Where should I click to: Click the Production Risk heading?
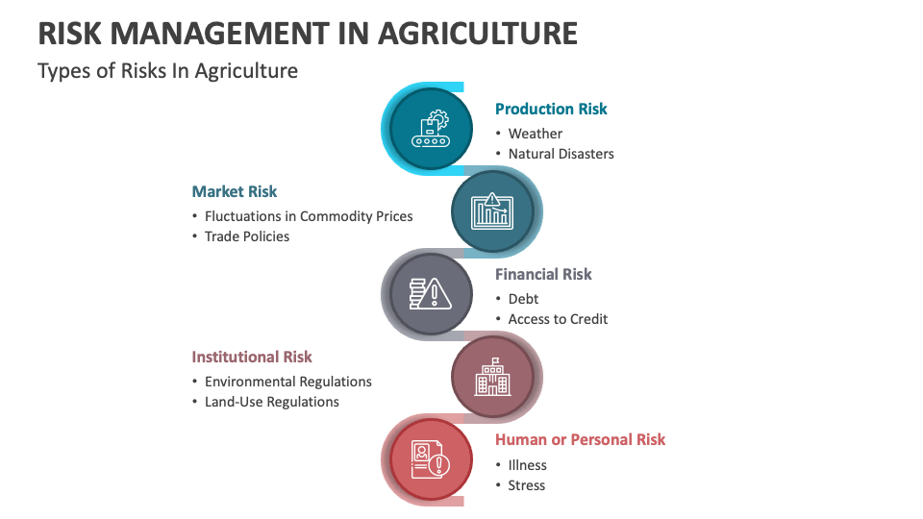click(551, 109)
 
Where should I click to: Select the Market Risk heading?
click(235, 191)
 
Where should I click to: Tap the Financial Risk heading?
click(543, 274)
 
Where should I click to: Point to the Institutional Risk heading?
click(252, 357)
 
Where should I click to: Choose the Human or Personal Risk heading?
click(580, 439)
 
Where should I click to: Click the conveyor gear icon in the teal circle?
click(430, 129)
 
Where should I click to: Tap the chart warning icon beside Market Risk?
click(491, 210)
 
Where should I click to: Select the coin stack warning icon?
click(430, 293)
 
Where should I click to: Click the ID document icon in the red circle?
click(430, 459)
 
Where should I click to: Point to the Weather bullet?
click(536, 134)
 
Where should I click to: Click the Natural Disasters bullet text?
click(561, 154)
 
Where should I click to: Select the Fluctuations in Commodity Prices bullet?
click(309, 216)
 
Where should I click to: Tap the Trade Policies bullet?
click(247, 236)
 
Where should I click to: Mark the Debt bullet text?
click(523, 299)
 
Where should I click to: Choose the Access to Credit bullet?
click(558, 319)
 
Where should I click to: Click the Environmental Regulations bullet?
click(288, 382)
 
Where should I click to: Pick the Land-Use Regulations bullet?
click(272, 402)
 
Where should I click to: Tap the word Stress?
click(527, 485)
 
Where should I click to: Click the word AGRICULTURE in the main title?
click(478, 34)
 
